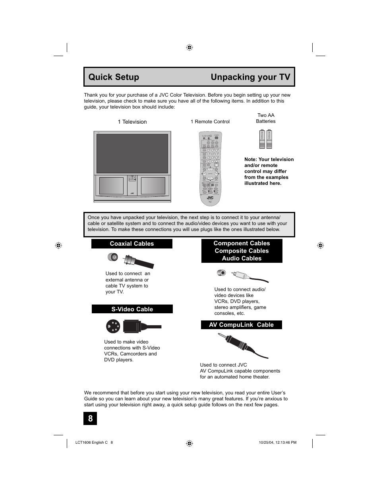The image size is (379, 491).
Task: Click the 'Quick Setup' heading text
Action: pyautogui.click(x=114, y=77)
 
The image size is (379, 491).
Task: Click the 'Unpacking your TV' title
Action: pyautogui.click(x=250, y=77)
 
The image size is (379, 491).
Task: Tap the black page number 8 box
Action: pyautogui.click(x=90, y=418)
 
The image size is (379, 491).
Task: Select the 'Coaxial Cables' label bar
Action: pyautogui.click(x=131, y=244)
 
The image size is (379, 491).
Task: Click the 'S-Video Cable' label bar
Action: pyautogui.click(x=132, y=309)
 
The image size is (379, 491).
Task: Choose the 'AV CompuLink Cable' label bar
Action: pyautogui.click(x=241, y=325)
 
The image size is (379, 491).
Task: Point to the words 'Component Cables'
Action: pyautogui.click(x=242, y=243)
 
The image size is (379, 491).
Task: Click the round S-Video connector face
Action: pyautogui.click(x=113, y=326)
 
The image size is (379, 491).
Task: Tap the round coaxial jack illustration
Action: pyautogui.click(x=113, y=257)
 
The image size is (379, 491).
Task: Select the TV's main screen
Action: pyautogui.click(x=132, y=153)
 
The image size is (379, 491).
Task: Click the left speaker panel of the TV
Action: pyautogui.click(x=111, y=186)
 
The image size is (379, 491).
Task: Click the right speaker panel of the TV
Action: pyautogui.click(x=153, y=186)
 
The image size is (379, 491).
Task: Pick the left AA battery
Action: pyautogui.click(x=262, y=139)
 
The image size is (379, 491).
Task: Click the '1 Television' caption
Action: pyautogui.click(x=132, y=122)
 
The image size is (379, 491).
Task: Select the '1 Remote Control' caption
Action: pyautogui.click(x=210, y=122)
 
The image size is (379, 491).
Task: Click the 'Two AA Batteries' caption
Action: pyautogui.click(x=265, y=118)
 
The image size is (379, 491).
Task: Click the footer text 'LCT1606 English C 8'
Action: pyautogui.click(x=94, y=442)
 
